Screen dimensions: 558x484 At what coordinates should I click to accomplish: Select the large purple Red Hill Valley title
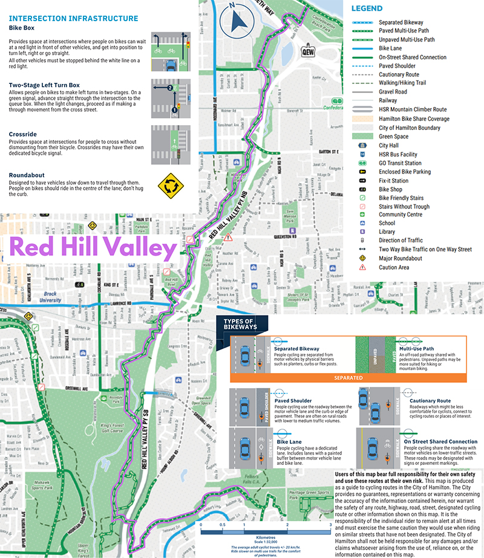[x=93, y=248]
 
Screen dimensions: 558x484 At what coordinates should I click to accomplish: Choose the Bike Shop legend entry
[x=390, y=189]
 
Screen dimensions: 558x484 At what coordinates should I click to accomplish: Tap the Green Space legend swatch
[x=363, y=136]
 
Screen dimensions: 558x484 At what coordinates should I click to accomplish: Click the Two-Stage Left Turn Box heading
[x=45, y=85]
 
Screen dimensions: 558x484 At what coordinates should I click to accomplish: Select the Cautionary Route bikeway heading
[x=430, y=400]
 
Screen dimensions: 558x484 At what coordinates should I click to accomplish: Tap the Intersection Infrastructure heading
[x=73, y=19]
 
